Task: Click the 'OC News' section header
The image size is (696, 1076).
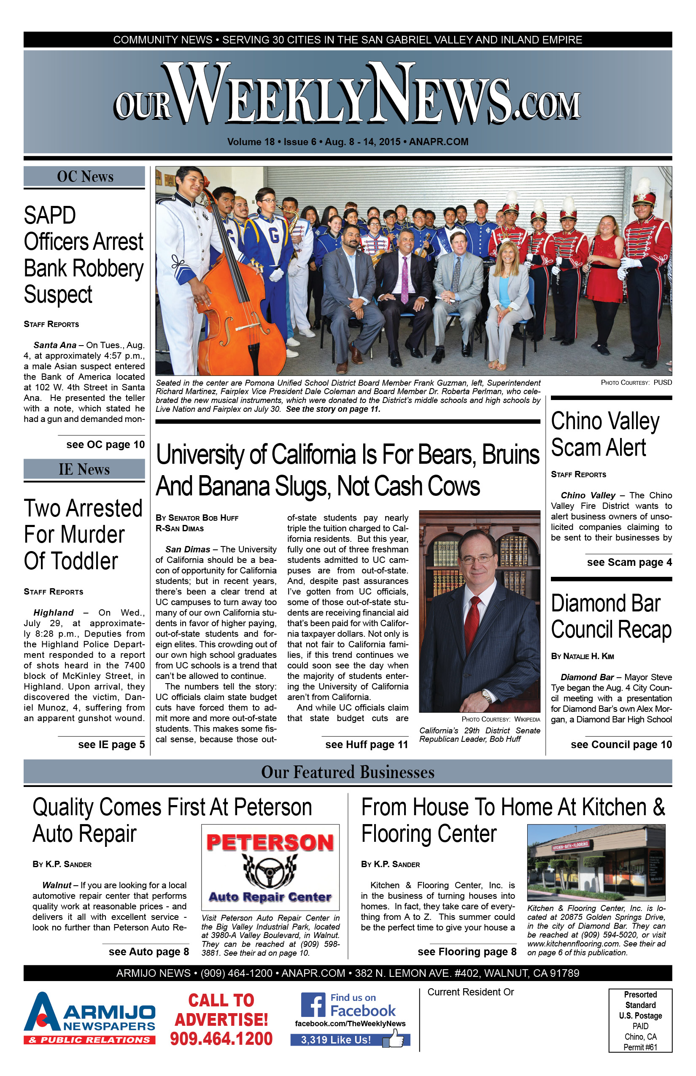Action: [x=84, y=177]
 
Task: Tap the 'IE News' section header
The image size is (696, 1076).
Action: [x=84, y=469]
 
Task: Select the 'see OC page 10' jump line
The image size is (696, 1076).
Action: [x=105, y=444]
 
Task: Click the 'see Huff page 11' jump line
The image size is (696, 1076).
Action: [x=366, y=745]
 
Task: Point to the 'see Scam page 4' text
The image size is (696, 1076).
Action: [x=629, y=562]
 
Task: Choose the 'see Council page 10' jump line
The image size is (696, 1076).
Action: [x=621, y=745]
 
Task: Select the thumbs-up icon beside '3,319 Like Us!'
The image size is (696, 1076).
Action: [x=396, y=1038]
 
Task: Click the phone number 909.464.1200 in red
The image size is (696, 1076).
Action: [x=221, y=1039]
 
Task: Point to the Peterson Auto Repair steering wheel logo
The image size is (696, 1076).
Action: [x=270, y=871]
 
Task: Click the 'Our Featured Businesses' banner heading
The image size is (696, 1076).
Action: [x=348, y=772]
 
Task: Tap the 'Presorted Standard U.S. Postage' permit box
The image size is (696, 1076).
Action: [x=640, y=1020]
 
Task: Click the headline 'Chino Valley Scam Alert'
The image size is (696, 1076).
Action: [x=605, y=434]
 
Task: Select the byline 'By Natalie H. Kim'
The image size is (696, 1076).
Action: [x=582, y=656]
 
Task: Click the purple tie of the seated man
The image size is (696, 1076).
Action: [x=405, y=280]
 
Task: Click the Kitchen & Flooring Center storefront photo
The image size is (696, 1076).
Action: [x=596, y=862]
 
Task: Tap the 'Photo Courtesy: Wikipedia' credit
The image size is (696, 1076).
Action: [x=500, y=719]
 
